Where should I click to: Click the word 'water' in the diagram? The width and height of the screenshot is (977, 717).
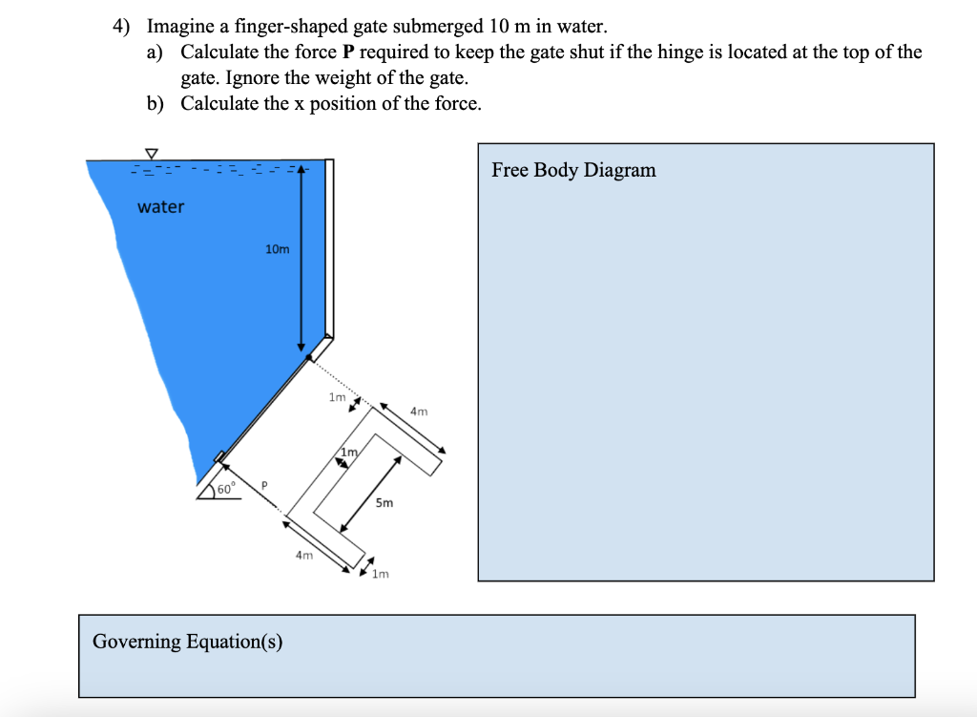point(160,207)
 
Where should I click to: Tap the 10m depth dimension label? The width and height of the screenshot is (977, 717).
point(277,249)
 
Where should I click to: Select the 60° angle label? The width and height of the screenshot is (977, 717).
point(225,489)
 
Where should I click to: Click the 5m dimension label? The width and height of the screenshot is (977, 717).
point(384,503)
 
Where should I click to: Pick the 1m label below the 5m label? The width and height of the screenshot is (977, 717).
point(381,574)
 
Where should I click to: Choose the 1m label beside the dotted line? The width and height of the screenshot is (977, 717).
point(336,397)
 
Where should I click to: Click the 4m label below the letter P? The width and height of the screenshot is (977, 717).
point(303,554)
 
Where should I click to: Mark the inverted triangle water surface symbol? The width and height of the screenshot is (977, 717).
point(151,153)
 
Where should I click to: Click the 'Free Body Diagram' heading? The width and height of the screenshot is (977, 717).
point(573,170)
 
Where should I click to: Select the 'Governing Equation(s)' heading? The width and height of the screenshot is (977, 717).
point(187,642)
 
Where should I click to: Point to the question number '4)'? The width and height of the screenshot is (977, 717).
point(121,27)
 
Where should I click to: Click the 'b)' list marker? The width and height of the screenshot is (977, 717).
point(156,103)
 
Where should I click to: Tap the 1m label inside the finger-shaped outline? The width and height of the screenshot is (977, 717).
point(348,451)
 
